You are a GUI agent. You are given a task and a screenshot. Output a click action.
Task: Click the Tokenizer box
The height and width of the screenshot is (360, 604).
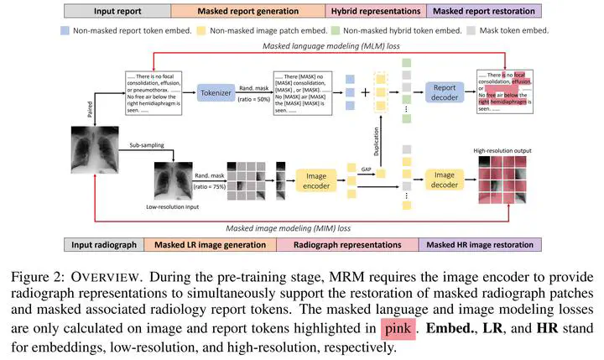tap(220, 92)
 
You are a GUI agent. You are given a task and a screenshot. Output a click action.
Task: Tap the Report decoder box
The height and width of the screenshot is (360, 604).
tap(449, 92)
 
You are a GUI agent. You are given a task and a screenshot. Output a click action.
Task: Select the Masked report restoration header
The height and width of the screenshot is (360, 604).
tap(485, 11)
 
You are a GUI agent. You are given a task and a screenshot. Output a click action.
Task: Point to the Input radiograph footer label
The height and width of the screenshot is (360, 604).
tap(103, 245)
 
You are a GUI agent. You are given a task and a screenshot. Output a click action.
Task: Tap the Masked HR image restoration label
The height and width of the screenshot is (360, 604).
tap(485, 245)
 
